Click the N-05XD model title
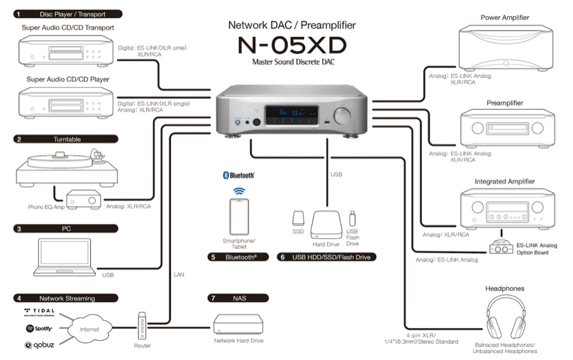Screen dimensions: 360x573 tap(293, 46)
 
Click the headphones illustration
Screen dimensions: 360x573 tap(506, 319)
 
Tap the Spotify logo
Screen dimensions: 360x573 tap(39, 328)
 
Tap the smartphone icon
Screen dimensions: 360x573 tap(238, 216)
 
